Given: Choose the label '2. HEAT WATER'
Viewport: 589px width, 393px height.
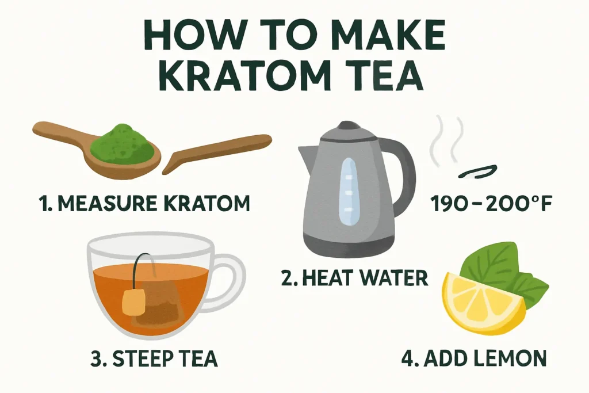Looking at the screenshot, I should (x=354, y=278).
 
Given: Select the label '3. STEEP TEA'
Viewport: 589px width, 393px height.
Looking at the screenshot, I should (x=154, y=358).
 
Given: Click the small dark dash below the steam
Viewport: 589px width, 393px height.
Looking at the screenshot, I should (x=476, y=169).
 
